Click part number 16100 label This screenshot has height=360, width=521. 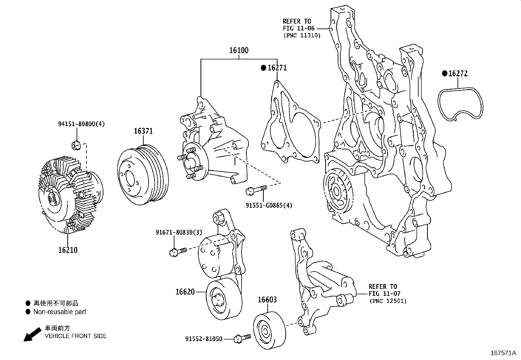click(239, 50)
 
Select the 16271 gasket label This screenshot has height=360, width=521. click(277, 68)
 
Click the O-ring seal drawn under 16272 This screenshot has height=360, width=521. click(461, 104)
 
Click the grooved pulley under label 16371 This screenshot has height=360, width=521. click(143, 175)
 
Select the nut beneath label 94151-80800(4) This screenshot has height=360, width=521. click(76, 144)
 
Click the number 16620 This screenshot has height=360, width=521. click(185, 292)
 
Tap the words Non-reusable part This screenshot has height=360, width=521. click(60, 312)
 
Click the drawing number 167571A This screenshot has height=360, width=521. click(503, 353)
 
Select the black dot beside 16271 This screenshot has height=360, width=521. click(263, 68)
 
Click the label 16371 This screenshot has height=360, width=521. click(143, 131)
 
